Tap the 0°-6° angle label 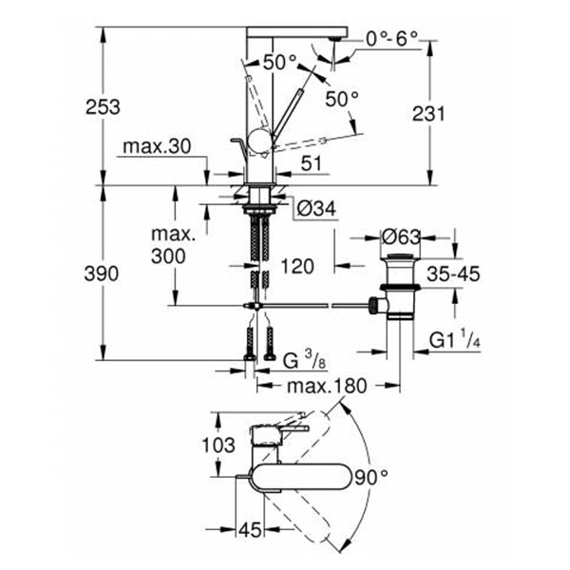(x=391, y=40)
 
